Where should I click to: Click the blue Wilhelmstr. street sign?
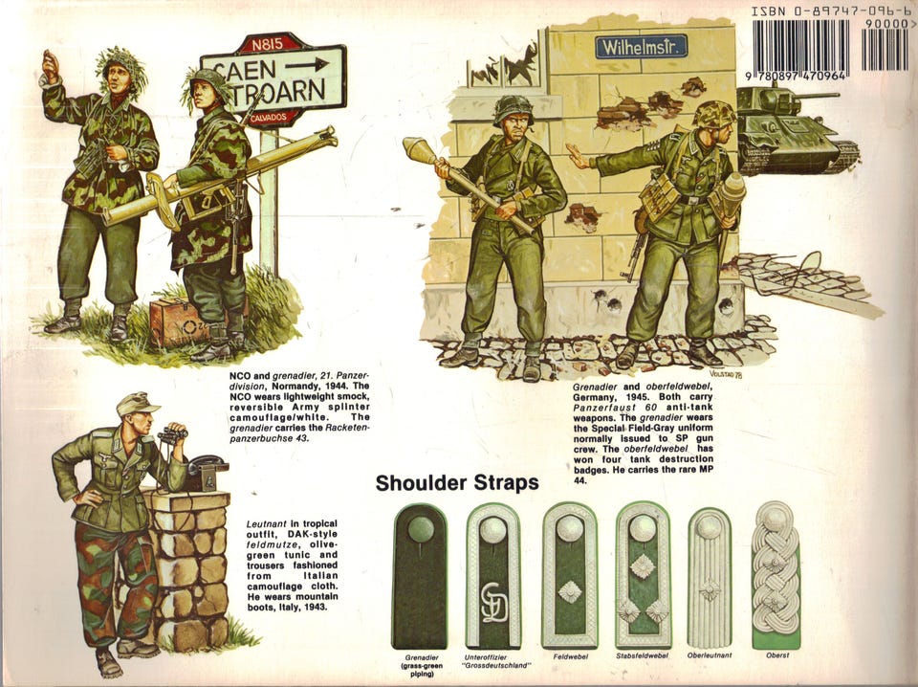click(641, 47)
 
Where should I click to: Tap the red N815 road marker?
click(268, 44)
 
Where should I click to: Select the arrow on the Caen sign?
click(307, 64)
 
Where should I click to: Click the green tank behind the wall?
click(797, 130)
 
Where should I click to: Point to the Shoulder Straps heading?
click(457, 483)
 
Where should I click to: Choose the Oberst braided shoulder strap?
click(776, 575)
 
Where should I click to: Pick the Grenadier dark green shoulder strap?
click(420, 577)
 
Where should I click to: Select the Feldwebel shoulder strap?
click(570, 576)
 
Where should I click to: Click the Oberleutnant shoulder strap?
click(709, 577)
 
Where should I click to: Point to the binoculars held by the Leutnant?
click(174, 434)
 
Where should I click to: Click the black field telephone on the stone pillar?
click(207, 472)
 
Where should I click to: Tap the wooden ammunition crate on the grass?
click(181, 322)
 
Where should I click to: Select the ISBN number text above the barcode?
click(830, 11)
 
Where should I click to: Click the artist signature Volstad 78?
click(726, 374)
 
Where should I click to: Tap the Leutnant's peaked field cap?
click(137, 404)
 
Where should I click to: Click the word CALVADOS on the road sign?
click(269, 118)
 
